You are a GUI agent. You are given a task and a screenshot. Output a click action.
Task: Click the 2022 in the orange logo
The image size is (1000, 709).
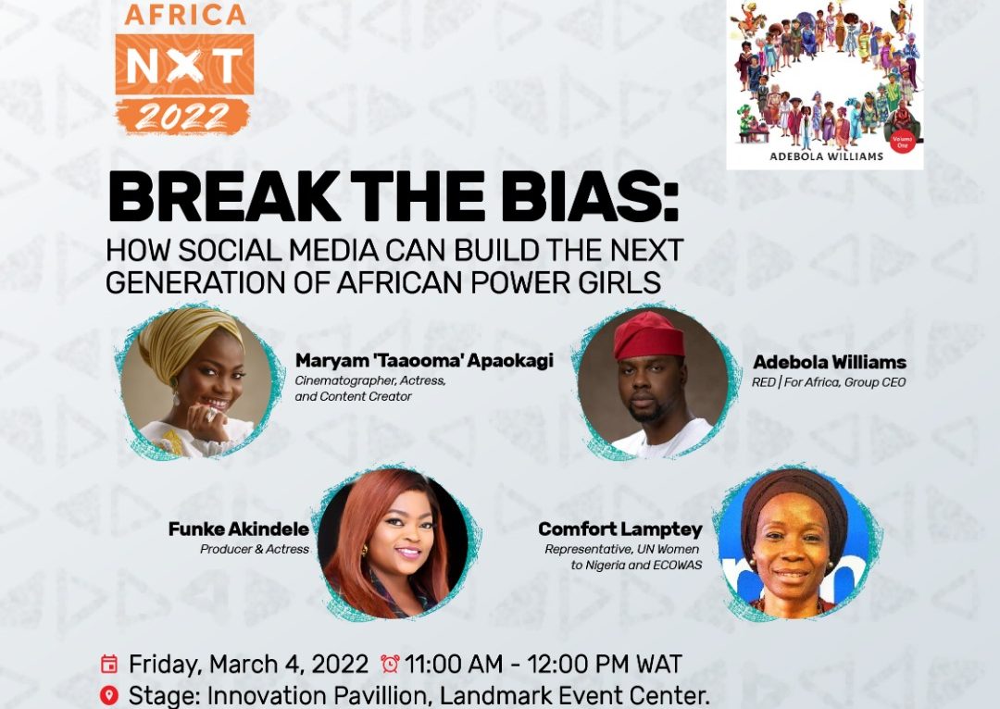coord(182,117)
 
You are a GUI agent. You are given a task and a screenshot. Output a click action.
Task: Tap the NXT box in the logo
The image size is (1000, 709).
coord(184,65)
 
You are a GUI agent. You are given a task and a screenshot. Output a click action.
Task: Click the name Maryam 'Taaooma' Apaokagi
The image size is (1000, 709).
coord(424,361)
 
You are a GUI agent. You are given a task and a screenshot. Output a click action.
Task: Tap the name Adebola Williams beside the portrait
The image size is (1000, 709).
coord(830,362)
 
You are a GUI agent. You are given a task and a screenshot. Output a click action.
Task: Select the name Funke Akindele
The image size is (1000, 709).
coord(239,529)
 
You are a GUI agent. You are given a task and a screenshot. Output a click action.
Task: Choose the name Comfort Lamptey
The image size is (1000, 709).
coord(619,529)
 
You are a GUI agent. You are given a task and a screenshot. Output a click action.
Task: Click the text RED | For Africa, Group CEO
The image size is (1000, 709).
coord(829,382)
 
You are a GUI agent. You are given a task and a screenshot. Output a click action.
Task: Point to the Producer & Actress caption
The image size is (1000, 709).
coord(255,549)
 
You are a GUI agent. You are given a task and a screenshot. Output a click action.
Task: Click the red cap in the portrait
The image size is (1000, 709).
coord(648,335)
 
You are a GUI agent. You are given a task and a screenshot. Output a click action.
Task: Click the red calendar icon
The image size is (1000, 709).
coord(109,664)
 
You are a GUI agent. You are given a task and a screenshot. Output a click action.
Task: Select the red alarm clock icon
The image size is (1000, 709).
coord(390,664)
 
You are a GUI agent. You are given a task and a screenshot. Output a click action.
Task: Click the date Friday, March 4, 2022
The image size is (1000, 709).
coord(249,665)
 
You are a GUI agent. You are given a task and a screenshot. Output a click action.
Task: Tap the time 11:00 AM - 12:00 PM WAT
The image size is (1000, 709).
coord(544,664)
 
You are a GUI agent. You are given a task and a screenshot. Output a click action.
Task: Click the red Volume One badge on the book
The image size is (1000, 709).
coord(903,141)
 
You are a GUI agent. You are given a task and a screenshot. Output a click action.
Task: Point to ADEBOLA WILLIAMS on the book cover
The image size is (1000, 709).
coord(826,156)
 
